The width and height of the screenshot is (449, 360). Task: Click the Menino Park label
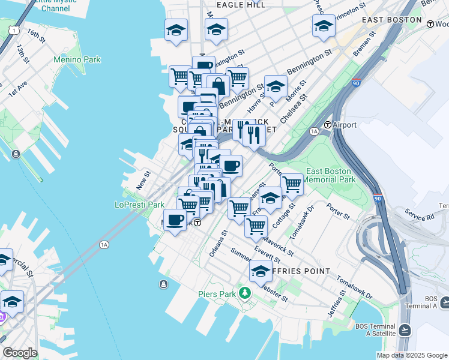pyautogui.click(x=77, y=60)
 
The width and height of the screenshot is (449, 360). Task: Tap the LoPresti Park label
pyautogui.click(x=139, y=205)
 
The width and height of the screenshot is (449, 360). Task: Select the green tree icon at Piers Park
pyautogui.click(x=244, y=293)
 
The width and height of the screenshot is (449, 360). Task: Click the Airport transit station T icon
pyautogui.click(x=328, y=125)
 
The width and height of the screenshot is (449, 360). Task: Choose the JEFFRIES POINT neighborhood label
pyautogui.click(x=300, y=271)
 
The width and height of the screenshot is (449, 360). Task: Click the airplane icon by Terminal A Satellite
pyautogui.click(x=405, y=329)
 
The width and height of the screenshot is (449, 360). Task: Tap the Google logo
pyautogui.click(x=20, y=353)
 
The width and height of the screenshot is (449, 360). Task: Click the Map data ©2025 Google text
pyautogui.click(x=412, y=355)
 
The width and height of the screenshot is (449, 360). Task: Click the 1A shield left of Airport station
pyautogui.click(x=314, y=130)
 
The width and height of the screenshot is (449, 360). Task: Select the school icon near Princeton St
pyautogui.click(x=324, y=26)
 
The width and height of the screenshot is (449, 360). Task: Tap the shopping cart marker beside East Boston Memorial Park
pyautogui.click(x=292, y=185)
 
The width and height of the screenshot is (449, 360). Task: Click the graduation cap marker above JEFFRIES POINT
pyautogui.click(x=261, y=271)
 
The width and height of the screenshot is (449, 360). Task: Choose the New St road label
pyautogui.click(x=143, y=180)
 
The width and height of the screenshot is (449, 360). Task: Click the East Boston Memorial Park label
pyautogui.click(x=331, y=175)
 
